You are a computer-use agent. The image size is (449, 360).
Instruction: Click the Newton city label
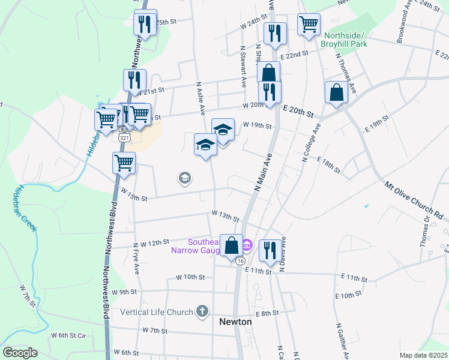click(x=235, y=322)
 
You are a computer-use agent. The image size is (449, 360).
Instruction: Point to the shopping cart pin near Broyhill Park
click(x=309, y=25)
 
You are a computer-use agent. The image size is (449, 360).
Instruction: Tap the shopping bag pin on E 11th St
click(x=232, y=245)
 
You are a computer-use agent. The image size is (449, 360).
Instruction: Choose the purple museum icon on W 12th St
click(x=247, y=245)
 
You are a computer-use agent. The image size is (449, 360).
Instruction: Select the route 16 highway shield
click(x=240, y=261)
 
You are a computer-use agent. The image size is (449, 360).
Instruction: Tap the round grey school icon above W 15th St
click(x=184, y=178)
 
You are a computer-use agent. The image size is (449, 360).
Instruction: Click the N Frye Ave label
click(x=137, y=258)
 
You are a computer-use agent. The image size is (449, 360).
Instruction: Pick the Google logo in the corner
click(x=20, y=353)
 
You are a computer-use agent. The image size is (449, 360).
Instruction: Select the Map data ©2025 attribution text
click(x=423, y=355)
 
